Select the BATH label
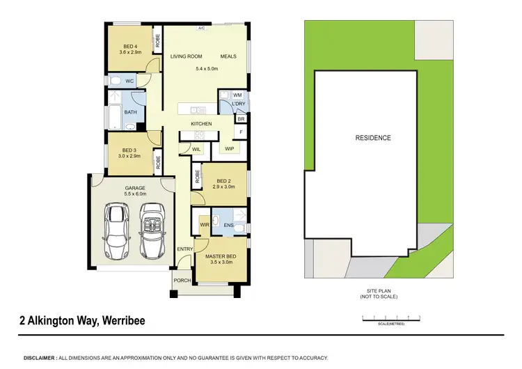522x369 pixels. [130, 111]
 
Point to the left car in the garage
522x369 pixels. [116, 230]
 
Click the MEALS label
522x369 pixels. [229, 56]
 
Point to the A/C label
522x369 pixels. [201, 29]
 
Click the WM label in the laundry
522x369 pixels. [237, 95]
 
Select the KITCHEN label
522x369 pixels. [201, 124]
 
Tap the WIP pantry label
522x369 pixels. [229, 149]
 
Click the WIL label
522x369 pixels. [187, 148]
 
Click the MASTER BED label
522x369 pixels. [220, 257]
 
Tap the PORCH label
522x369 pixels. [182, 281]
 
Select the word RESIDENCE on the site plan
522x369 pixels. [373, 138]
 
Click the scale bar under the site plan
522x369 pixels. [393, 318]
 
